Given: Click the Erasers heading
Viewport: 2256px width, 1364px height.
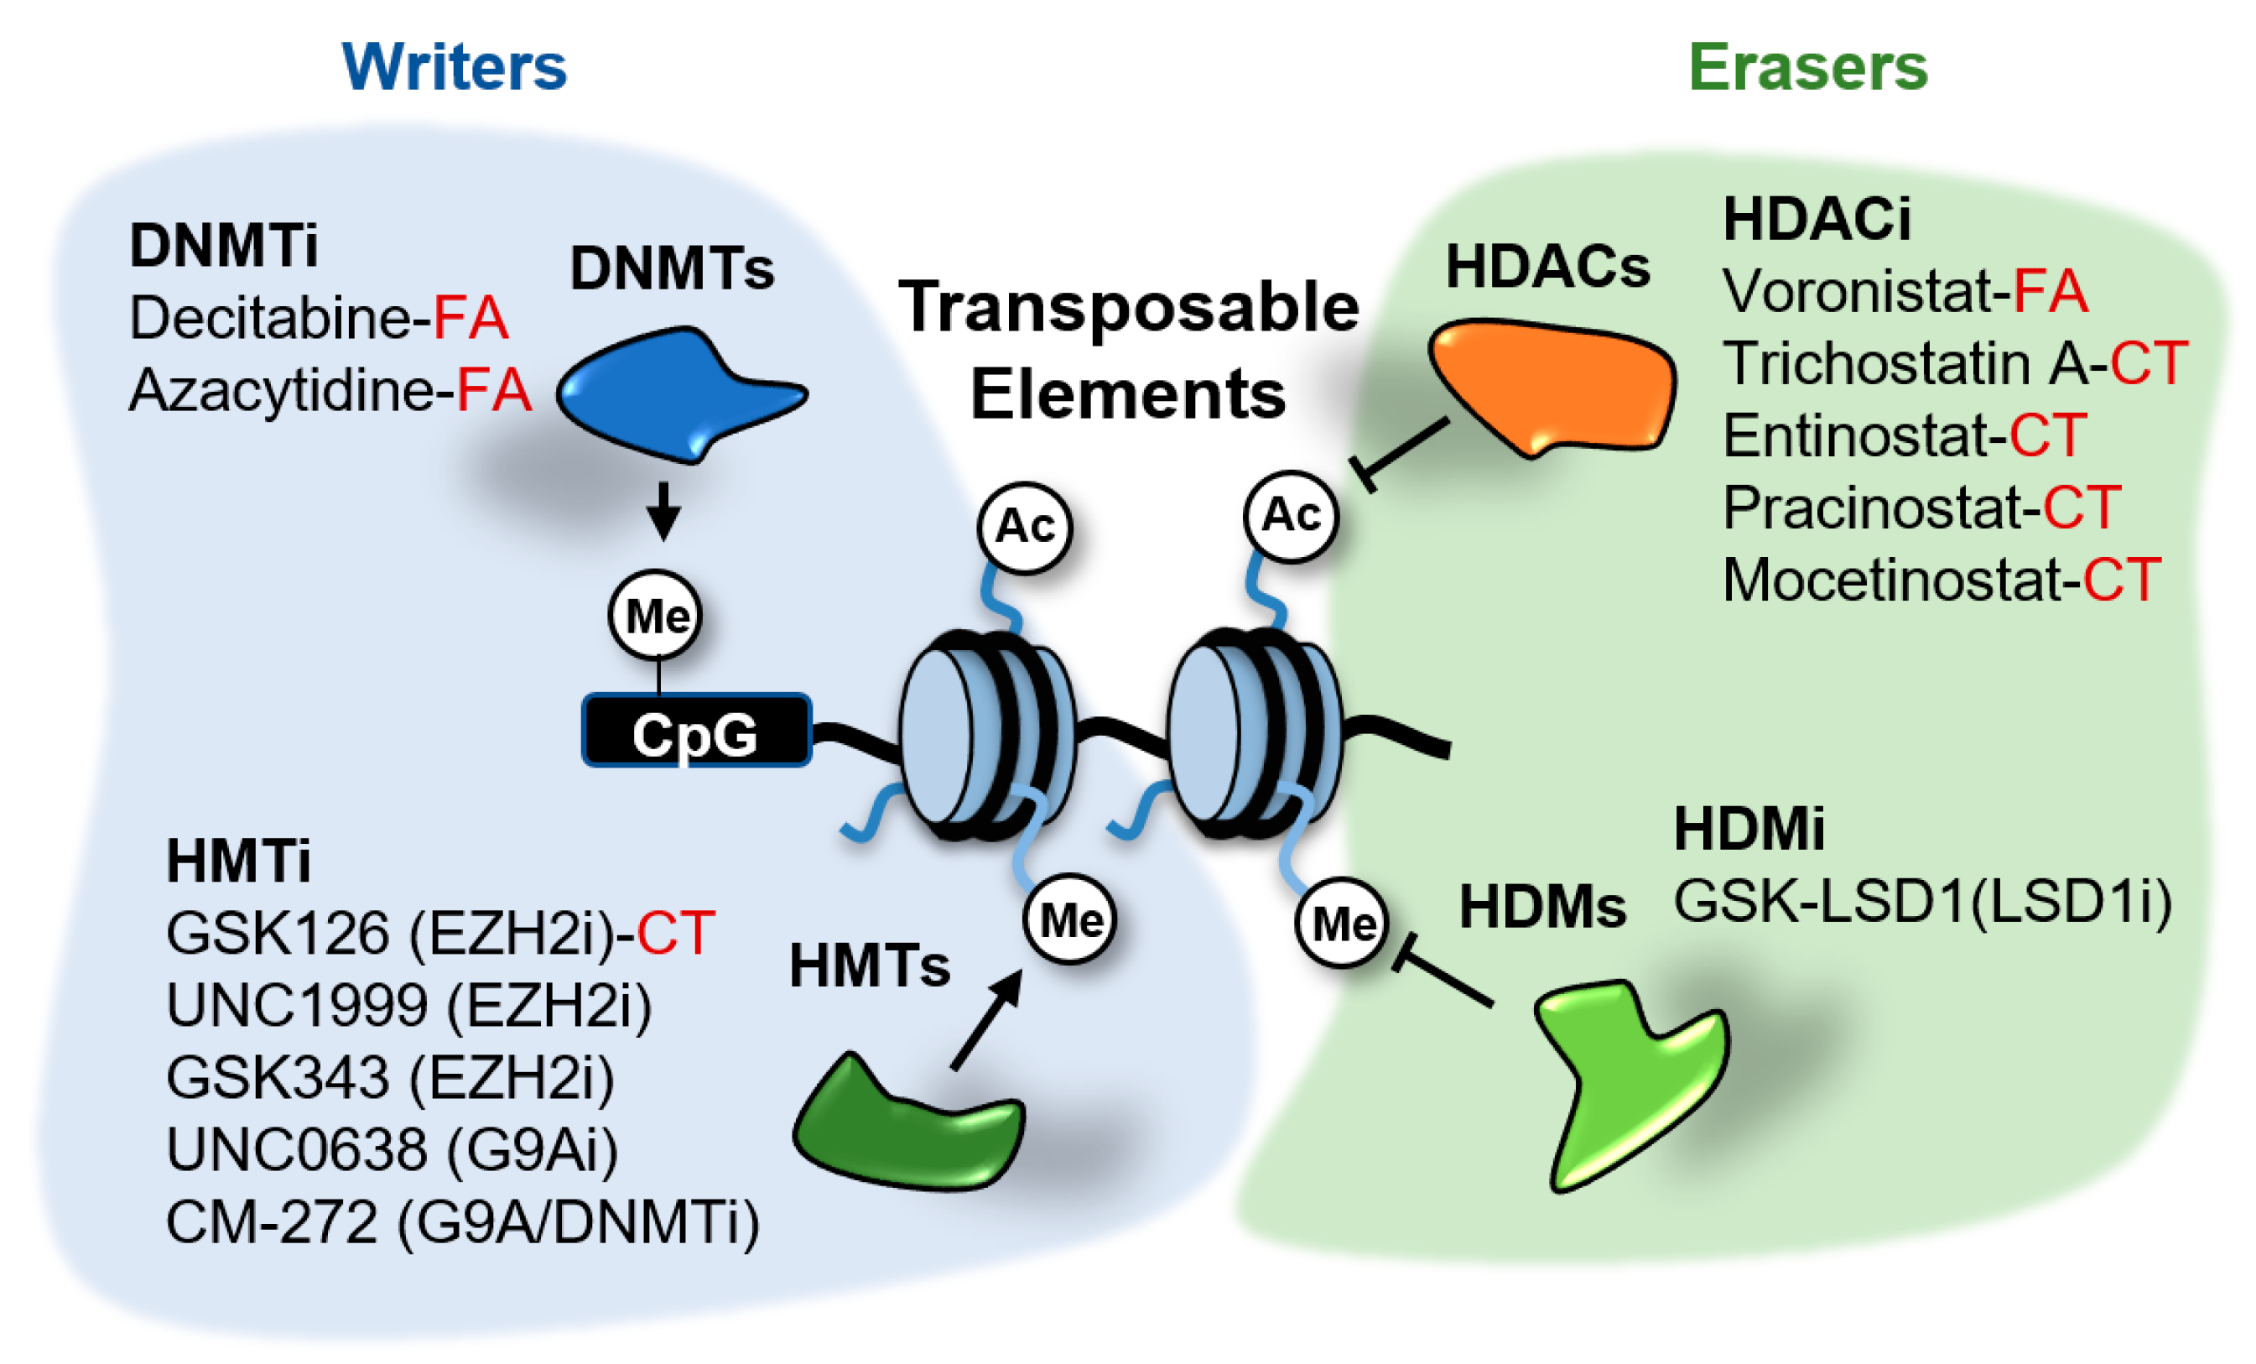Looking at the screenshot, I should [1807, 67].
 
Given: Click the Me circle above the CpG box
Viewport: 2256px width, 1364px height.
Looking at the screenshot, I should [656, 616].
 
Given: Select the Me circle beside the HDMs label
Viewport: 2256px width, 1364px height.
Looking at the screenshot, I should [1342, 924].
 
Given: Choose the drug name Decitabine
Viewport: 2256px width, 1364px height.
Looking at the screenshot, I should [271, 318].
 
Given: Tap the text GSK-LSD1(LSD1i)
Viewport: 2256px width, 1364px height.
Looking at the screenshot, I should [1923, 903].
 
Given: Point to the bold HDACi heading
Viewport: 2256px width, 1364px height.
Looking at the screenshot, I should [1817, 220].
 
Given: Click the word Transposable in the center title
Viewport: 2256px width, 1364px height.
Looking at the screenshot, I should [1129, 308].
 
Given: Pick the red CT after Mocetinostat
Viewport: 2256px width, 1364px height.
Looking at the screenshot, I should [2123, 580].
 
